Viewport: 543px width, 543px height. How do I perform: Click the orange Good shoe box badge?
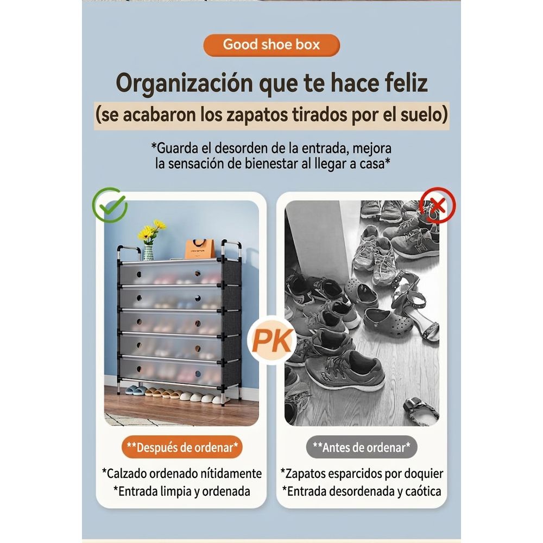coord(271,45)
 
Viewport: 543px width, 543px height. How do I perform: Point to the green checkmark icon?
coord(110,205)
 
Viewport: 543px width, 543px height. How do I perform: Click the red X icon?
coord(438,205)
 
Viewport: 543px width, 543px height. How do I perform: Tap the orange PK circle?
coord(272,340)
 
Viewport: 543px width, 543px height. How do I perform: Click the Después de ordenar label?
coord(182,447)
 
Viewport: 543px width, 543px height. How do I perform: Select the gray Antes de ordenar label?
coord(362,447)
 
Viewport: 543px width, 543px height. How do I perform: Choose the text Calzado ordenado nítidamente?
coord(182,473)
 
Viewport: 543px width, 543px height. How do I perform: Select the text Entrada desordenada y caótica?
coord(362,491)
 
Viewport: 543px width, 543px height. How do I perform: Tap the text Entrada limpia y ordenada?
coord(182,491)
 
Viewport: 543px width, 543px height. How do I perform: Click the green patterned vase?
coord(148,252)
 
